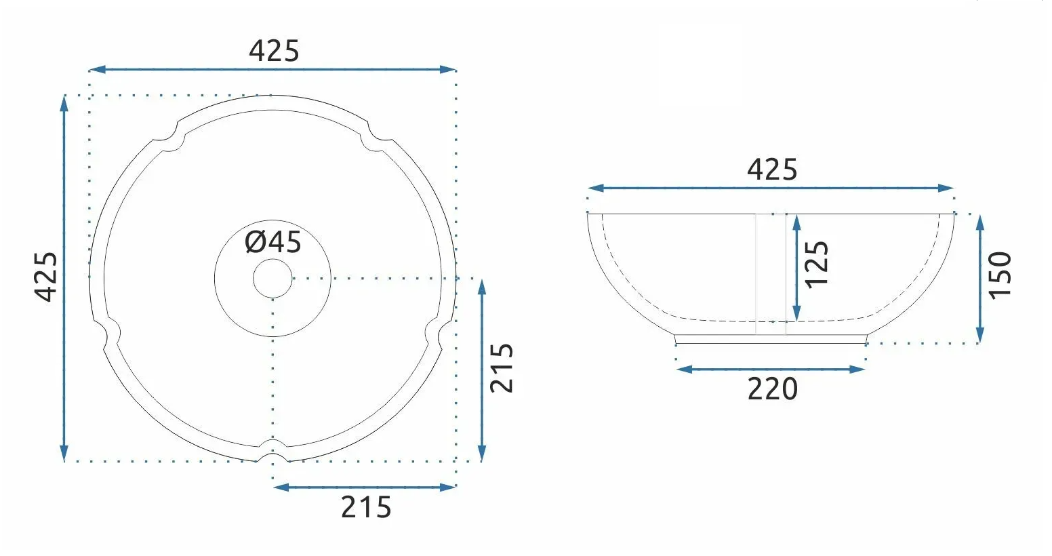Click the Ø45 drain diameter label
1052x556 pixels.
[273, 242]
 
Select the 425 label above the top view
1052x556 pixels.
[274, 51]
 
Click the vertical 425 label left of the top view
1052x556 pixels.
[46, 277]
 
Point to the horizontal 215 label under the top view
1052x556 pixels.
[366, 507]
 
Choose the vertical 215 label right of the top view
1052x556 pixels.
[502, 368]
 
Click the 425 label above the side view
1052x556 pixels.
[772, 170]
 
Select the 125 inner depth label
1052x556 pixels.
[817, 264]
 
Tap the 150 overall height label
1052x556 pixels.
[1000, 275]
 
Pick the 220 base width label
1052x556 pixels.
[773, 389]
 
